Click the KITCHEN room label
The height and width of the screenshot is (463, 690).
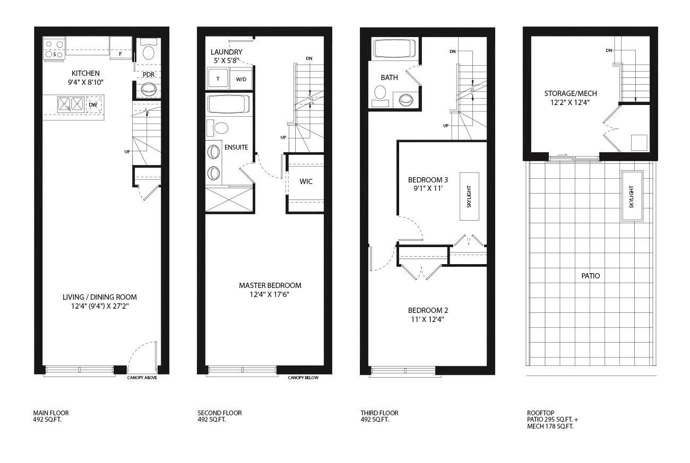click(85, 73)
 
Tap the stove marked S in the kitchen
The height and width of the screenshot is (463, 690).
click(54, 48)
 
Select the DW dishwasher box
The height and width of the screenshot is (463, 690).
click(93, 104)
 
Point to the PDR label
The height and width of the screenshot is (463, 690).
click(148, 75)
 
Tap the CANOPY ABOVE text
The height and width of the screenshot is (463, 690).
click(142, 378)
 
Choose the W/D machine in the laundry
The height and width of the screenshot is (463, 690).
click(241, 79)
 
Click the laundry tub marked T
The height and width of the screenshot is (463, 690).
click(218, 79)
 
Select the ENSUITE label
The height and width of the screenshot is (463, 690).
click(236, 147)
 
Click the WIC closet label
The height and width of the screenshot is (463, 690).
click(306, 181)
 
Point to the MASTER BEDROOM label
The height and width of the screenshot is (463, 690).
click(270, 285)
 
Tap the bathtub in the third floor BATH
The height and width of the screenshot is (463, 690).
click(395, 49)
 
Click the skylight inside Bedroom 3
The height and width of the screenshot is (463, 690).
click(469, 196)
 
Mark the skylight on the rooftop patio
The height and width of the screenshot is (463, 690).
click(632, 196)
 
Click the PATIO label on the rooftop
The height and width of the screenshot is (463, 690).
click(590, 276)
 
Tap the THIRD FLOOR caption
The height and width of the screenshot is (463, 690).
click(379, 413)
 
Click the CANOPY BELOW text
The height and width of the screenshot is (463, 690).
click(303, 378)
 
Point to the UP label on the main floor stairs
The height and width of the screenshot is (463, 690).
click(127, 152)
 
